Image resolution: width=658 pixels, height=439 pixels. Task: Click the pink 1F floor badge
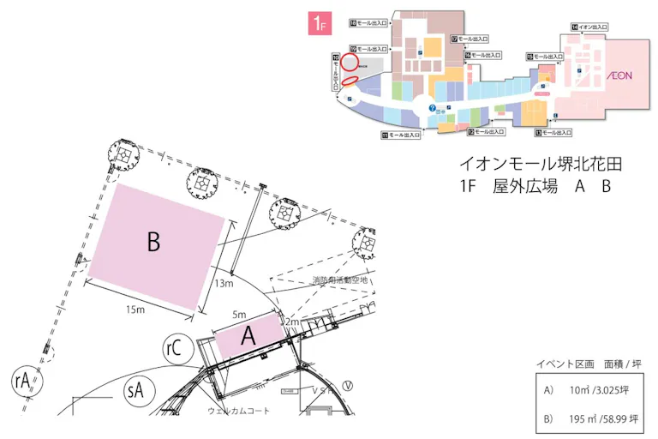click(320, 24)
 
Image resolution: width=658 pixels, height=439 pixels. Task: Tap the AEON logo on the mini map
click(619, 75)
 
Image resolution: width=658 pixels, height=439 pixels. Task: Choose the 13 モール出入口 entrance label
click(553, 133)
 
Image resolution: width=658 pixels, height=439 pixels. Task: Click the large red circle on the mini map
click(349, 62)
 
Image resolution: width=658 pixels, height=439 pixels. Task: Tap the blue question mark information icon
click(434, 107)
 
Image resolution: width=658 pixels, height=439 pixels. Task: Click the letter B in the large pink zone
click(153, 243)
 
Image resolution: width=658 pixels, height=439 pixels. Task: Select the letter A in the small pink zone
click(248, 337)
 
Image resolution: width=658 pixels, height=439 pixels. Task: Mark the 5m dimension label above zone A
click(239, 315)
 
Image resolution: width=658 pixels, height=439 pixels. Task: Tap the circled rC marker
click(175, 347)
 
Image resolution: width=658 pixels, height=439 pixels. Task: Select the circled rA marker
click(23, 380)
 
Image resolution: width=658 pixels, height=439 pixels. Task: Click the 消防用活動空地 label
click(339, 280)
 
